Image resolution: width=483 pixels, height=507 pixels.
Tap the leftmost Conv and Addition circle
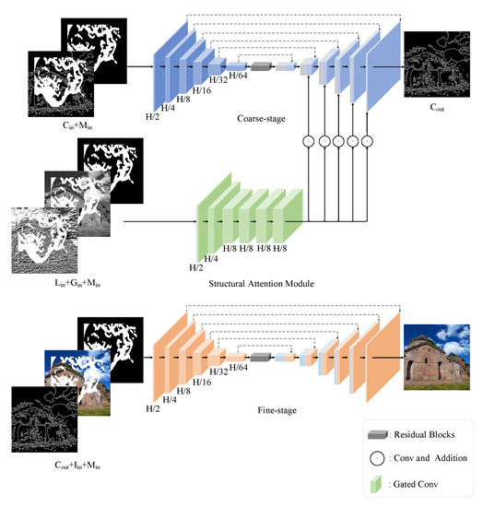307,140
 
